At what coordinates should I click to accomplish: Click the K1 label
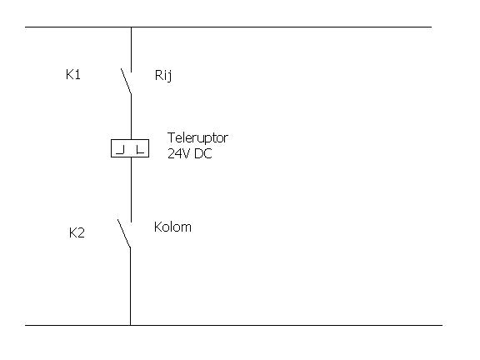coord(73,75)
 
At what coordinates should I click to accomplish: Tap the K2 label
coord(77,233)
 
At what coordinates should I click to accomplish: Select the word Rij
coord(163,76)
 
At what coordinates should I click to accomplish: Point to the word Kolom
coord(172,227)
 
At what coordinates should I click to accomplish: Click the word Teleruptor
coord(197,138)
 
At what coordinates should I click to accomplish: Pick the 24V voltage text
coord(179,153)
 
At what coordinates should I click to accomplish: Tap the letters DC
coord(203,153)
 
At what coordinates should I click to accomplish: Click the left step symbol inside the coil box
coord(121,150)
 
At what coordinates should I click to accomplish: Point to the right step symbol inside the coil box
coord(140,150)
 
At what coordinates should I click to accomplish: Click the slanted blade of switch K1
coord(126,81)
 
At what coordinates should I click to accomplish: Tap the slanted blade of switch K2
coord(124,233)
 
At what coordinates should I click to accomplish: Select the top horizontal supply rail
coord(228,27)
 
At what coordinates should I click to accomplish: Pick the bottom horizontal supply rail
coord(234,325)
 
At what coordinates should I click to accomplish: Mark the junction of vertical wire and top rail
coord(132,27)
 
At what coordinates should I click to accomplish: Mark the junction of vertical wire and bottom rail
coord(130,325)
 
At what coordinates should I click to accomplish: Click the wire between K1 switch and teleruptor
coord(132,117)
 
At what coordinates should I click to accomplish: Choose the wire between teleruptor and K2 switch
coord(132,190)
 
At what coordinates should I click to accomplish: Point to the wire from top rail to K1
coord(132,50)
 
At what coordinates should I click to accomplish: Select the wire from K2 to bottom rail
coord(130,286)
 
